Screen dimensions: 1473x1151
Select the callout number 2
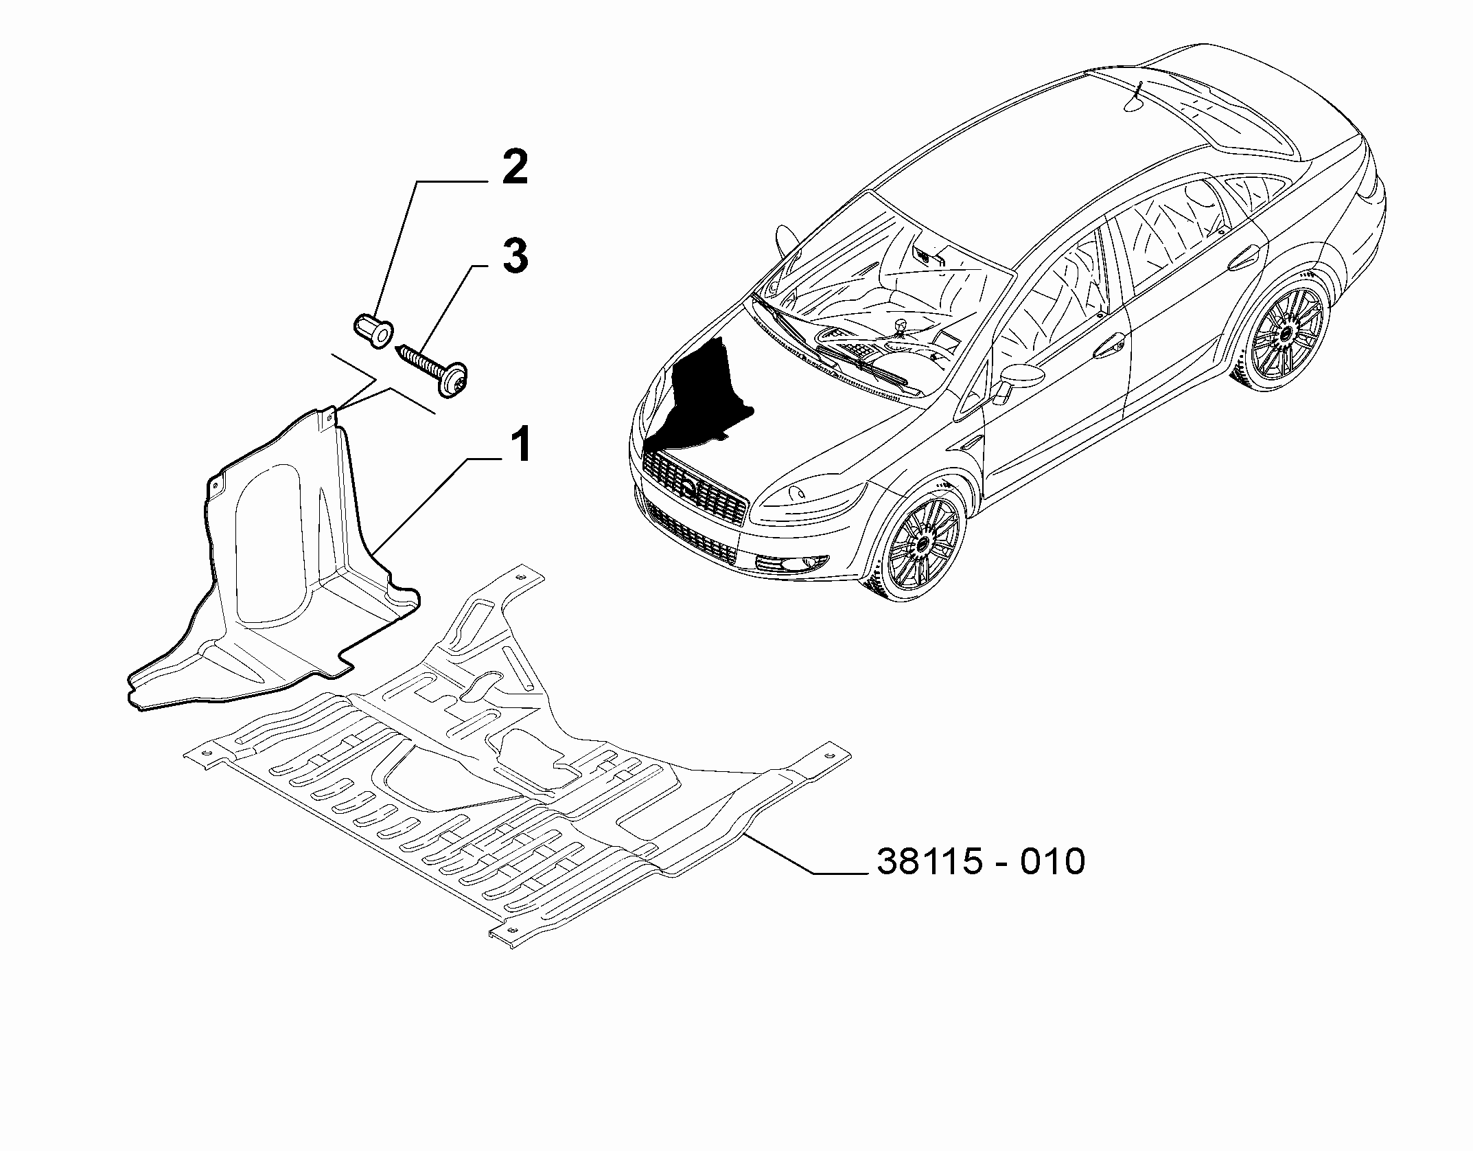pyautogui.click(x=515, y=168)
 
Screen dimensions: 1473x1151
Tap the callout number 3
pyautogui.click(x=515, y=255)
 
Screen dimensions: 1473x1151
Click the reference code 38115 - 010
pyautogui.click(x=981, y=861)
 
